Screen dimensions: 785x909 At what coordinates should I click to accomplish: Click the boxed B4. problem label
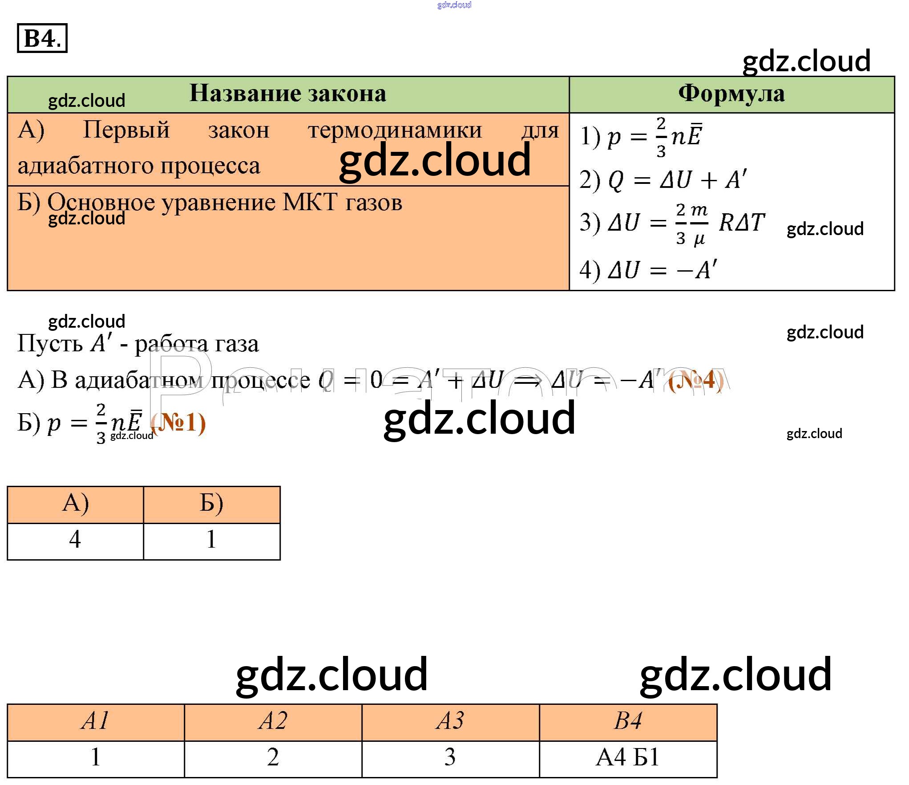(x=42, y=38)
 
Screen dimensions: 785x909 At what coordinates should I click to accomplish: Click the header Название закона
(x=288, y=94)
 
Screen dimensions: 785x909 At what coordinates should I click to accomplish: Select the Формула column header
(x=731, y=94)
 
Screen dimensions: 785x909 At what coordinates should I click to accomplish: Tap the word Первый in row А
(x=126, y=130)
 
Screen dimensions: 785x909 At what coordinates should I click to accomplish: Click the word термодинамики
(x=395, y=131)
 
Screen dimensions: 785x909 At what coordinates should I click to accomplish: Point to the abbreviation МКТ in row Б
(x=310, y=203)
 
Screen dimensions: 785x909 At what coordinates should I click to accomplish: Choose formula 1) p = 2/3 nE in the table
(x=641, y=137)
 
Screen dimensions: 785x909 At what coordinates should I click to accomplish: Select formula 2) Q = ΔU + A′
(x=663, y=180)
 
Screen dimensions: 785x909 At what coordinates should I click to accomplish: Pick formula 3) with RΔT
(x=672, y=223)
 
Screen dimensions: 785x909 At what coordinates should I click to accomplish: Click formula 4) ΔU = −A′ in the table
(x=648, y=270)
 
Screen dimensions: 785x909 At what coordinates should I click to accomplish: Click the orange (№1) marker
(x=178, y=423)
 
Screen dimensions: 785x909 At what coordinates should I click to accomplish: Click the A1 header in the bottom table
(x=95, y=721)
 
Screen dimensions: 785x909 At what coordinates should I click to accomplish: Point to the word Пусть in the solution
(x=50, y=344)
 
